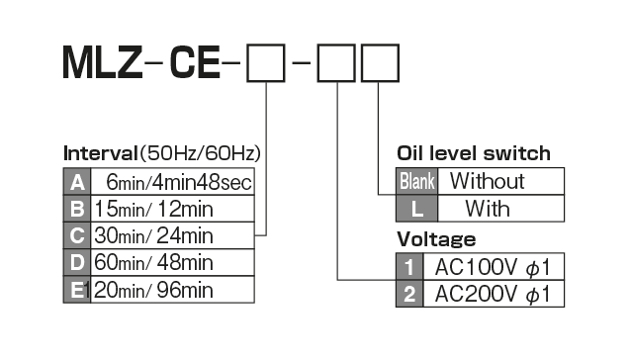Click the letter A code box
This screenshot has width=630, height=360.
pos(77,183)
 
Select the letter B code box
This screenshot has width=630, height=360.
pos(77,210)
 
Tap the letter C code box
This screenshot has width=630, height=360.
pos(77,235)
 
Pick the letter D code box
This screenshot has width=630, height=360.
pos(77,262)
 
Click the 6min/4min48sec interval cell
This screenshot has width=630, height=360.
pos(172,183)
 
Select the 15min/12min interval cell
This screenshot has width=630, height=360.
pos(172,210)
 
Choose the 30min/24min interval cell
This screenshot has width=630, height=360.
pos(172,235)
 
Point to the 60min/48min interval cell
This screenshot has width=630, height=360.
pos(172,262)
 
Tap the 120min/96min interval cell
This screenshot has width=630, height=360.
pos(172,289)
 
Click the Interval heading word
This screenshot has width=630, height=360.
pos(98,154)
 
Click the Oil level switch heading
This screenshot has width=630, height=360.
pos(473,154)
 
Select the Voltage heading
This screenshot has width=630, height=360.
pos(435,239)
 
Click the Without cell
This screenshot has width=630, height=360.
pos(487,181)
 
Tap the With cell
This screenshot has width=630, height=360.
pos(487,208)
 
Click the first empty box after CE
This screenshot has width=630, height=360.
pos(265,63)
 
